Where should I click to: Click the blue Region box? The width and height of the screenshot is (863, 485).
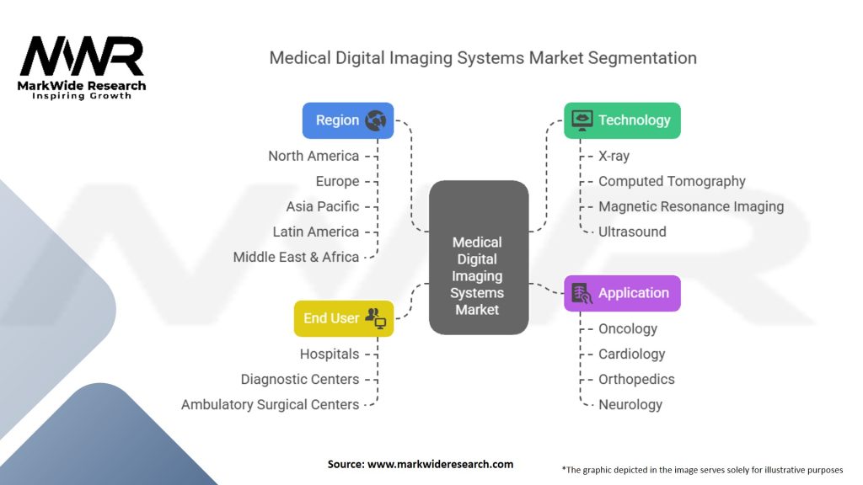pos(348,120)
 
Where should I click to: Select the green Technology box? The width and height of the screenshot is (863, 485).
pos(622,120)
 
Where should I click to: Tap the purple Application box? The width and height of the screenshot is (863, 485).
pos(622,293)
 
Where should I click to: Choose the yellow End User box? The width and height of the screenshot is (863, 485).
pos(344,318)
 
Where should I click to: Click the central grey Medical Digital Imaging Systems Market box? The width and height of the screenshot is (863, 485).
pos(479,258)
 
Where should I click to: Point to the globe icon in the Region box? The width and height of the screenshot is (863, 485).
pos(375,120)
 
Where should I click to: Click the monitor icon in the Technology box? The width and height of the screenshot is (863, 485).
pos(582,120)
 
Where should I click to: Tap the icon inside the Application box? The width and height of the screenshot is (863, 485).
pos(582,293)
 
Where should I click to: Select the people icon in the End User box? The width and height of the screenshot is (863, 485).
pos(376,318)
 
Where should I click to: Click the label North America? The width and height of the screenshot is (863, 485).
pos(314,156)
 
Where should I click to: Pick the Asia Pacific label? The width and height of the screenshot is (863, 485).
pos(323,207)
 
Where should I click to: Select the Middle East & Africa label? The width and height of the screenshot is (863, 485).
pos(296,258)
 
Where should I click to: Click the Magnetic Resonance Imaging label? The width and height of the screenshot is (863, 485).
pos(691,207)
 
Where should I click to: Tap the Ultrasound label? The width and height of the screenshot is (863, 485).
pos(632,232)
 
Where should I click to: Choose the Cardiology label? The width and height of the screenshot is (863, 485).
pos(632,354)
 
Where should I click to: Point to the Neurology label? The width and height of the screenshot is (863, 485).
pos(630,405)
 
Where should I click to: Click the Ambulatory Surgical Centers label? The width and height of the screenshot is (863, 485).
pos(271,405)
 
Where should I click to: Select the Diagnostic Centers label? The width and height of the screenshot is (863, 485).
pos(300,380)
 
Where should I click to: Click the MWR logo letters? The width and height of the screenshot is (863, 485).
pos(82,56)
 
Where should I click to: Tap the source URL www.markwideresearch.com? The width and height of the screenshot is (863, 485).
pos(440,464)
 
